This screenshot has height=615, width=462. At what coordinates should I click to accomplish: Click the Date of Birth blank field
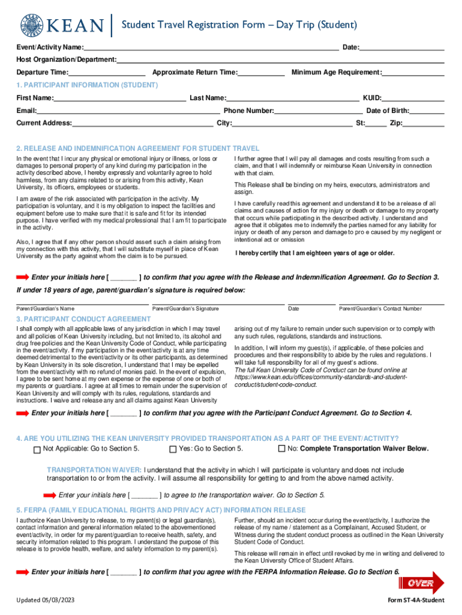point(427,111)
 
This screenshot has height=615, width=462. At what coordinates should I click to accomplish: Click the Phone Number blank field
point(318,111)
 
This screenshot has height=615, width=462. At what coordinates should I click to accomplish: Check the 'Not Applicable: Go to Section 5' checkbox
point(37,449)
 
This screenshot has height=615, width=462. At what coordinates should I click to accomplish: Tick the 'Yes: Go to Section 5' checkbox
point(173,449)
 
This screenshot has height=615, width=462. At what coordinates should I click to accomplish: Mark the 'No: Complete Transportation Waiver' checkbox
point(281,449)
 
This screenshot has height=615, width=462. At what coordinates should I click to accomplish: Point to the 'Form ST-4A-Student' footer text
point(416,601)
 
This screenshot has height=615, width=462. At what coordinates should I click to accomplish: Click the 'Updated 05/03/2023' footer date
point(46,601)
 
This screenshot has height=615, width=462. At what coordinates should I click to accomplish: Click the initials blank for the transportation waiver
point(145,495)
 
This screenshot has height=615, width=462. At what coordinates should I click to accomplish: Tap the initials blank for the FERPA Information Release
point(123,572)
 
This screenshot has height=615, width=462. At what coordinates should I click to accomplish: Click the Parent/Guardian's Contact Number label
point(380,309)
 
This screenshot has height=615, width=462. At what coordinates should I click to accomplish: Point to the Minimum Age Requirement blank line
point(413,73)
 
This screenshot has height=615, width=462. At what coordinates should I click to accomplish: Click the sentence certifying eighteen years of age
point(315,253)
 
